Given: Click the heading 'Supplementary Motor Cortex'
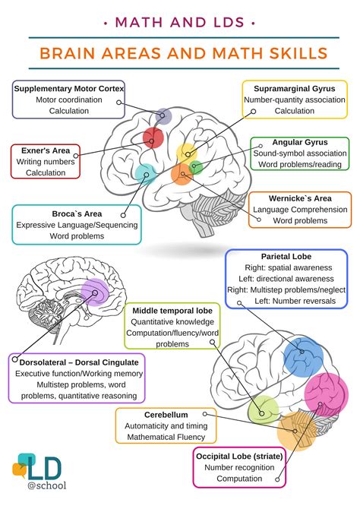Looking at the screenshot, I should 68,88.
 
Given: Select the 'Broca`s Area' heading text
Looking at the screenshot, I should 76,213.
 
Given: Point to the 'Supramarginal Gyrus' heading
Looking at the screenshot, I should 295,88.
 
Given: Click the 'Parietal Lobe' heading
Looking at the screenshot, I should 286,257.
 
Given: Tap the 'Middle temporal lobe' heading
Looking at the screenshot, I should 172,311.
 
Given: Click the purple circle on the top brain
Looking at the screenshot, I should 163,116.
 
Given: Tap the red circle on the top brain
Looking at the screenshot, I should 153,138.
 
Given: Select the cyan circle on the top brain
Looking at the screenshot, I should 145,172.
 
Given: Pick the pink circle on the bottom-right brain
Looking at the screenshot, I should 324,393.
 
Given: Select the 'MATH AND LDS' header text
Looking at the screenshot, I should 180,22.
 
